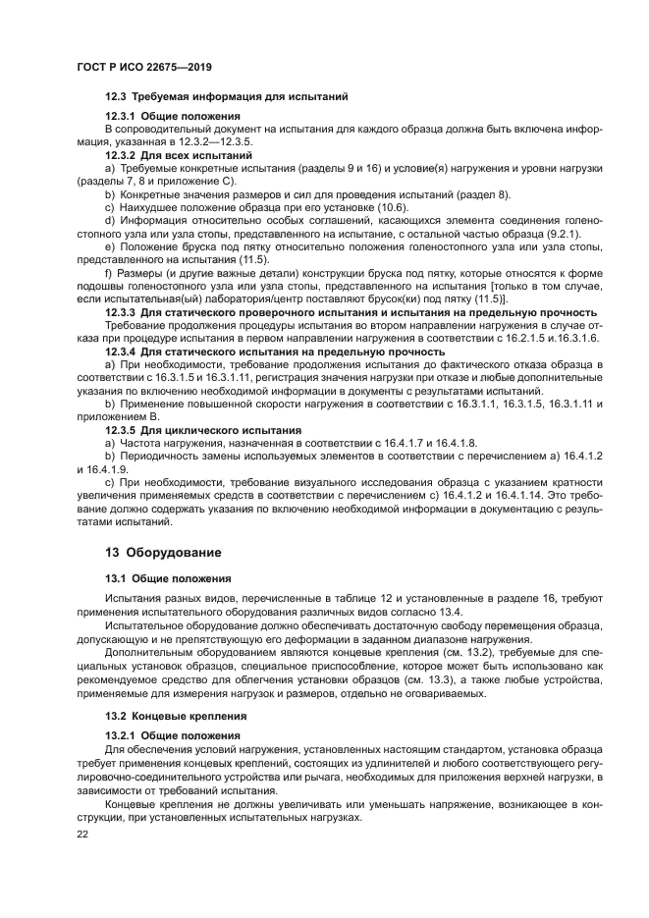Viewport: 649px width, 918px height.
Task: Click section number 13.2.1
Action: (123, 735)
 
